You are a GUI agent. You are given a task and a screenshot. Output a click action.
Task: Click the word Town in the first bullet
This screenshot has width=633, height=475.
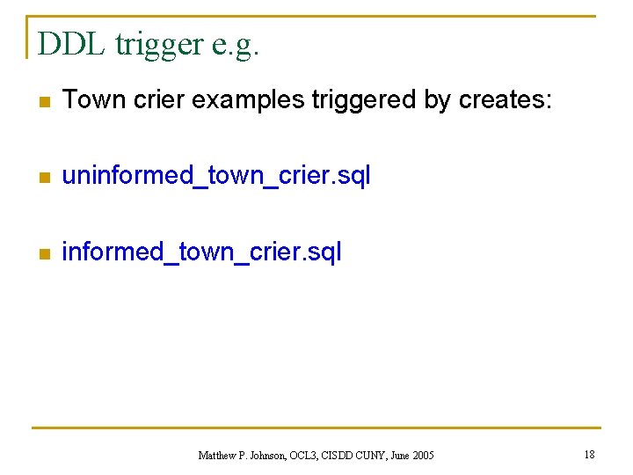point(92,100)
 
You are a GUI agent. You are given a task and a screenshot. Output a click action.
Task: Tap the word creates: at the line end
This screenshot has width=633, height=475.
point(506,100)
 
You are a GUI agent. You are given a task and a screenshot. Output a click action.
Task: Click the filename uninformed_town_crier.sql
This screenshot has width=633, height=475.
point(216,177)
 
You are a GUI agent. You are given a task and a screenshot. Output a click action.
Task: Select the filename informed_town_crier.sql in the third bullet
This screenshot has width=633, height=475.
point(201,252)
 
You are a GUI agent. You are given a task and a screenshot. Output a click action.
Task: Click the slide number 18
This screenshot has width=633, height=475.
point(589,454)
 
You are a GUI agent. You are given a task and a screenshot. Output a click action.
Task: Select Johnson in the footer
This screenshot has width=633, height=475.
point(270,456)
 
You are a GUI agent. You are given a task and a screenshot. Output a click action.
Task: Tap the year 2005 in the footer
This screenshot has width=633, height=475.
point(422,456)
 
